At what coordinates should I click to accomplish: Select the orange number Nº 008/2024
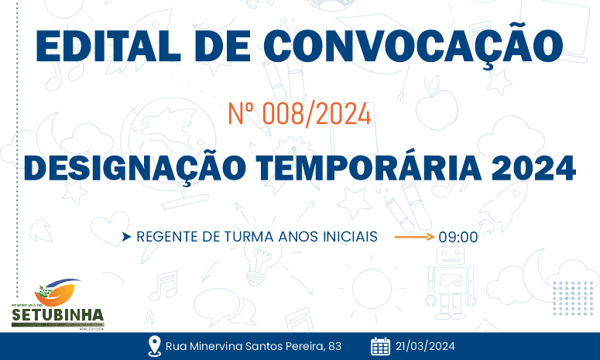300,115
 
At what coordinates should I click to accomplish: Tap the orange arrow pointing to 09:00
414,235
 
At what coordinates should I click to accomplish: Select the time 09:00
458,237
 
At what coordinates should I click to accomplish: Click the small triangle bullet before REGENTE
126,236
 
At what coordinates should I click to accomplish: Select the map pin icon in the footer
153,346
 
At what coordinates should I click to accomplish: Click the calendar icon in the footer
380,346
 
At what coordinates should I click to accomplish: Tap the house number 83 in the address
334,346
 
